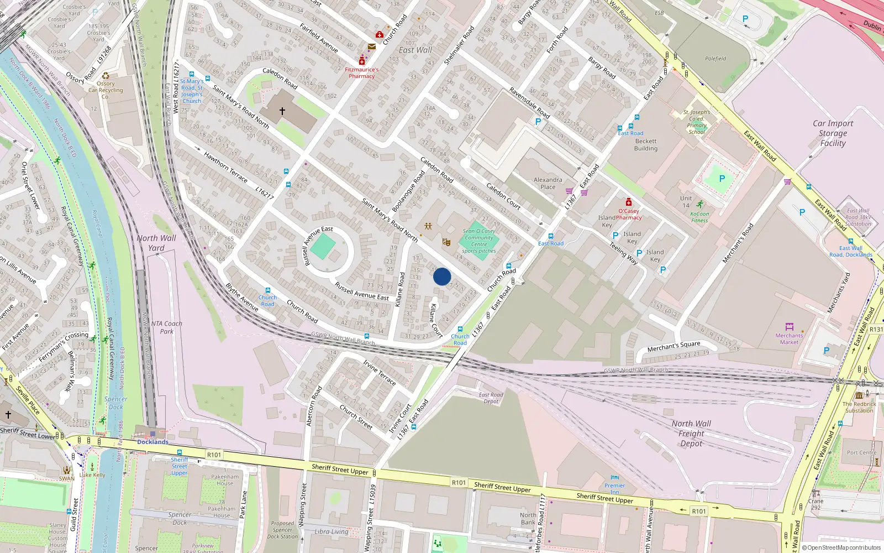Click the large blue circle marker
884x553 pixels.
tap(442, 276)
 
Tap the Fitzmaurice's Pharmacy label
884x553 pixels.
tap(362, 73)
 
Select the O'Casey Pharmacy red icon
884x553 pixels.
tap(628, 202)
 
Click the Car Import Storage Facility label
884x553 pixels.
tap(833, 133)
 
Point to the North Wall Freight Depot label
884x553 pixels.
tap(691, 434)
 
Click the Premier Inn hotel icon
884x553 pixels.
tap(615, 477)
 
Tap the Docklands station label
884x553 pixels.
tap(152, 442)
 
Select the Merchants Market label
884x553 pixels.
tap(789, 338)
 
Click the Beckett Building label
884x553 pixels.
tap(646, 145)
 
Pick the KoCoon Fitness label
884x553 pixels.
tap(699, 217)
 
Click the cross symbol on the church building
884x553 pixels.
tap(282, 111)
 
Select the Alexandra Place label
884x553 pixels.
tap(548, 183)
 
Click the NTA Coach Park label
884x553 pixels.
tap(166, 327)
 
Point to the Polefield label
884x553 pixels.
tap(715, 59)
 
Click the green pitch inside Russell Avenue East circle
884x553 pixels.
tap(323, 247)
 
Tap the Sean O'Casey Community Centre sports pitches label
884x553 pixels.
tap(479, 241)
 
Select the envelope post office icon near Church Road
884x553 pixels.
tap(372, 47)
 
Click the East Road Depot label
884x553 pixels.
tap(491, 398)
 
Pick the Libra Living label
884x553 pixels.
tap(331, 531)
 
